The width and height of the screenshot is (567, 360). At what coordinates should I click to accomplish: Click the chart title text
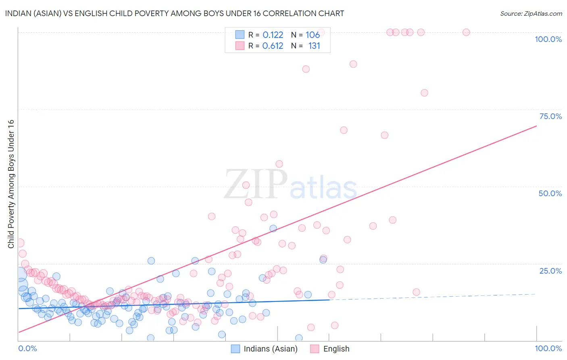174,13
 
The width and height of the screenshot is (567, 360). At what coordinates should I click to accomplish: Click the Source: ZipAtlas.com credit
531,13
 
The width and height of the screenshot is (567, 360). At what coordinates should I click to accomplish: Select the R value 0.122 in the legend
273,35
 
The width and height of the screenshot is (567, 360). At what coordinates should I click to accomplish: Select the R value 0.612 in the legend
273,46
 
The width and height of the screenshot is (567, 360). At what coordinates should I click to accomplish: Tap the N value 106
313,35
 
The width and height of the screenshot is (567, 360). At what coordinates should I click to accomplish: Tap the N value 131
314,46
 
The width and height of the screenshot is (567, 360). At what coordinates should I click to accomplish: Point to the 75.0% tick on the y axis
550,116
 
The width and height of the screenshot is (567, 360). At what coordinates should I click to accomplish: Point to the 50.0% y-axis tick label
550,193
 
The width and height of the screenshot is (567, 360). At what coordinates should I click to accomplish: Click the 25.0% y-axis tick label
550,271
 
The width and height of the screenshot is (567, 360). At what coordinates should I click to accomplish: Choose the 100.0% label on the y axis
548,39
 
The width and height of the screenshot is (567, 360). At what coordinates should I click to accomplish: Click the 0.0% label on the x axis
27,348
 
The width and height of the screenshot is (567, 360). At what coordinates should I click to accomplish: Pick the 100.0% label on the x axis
548,348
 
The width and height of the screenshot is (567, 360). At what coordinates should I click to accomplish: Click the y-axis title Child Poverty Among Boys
11,184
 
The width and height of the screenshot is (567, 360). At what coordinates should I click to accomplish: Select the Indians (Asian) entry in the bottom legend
270,349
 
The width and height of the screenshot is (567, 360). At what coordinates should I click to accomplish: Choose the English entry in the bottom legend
336,349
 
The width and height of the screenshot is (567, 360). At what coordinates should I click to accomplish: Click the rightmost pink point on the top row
466,32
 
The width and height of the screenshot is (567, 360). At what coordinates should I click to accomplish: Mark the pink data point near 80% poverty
424,93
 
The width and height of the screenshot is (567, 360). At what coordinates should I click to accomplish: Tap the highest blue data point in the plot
273,228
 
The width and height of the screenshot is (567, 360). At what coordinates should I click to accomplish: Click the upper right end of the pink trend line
536,126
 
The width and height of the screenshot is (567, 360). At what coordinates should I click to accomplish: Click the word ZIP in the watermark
256,184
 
